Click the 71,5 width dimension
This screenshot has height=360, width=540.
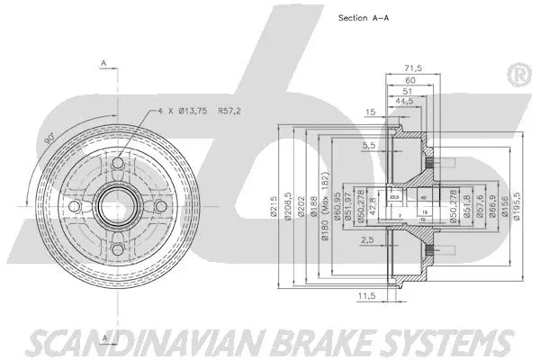tap(415, 67)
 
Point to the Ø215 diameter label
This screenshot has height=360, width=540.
tap(271, 207)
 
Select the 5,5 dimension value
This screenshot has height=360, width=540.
tap(368, 145)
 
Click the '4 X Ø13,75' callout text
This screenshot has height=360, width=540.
tap(184, 111)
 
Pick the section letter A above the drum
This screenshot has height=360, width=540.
tap(103, 64)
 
